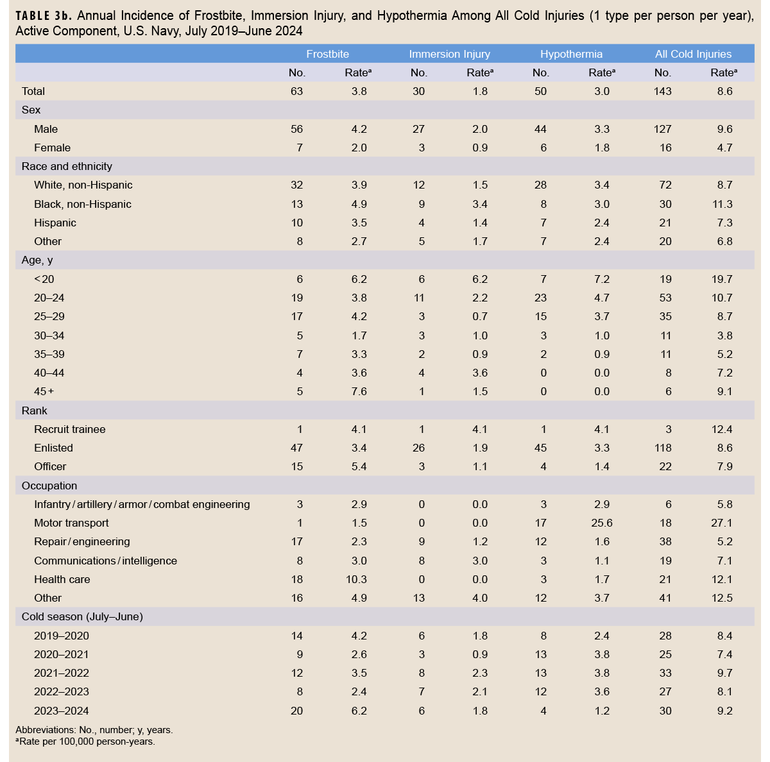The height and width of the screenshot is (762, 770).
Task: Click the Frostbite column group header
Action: (327, 54)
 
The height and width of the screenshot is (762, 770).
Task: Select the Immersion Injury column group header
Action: (449, 54)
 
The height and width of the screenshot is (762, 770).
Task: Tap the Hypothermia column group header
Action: (571, 54)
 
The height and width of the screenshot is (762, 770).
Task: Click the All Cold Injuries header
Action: (693, 54)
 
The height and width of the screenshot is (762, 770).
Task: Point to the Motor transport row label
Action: (71, 523)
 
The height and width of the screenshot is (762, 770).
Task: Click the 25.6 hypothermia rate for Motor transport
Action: (601, 523)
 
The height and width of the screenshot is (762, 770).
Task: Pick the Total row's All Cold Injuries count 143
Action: (662, 91)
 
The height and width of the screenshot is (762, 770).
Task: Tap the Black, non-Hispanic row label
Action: (82, 204)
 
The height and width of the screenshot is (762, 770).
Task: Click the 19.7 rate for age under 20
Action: (721, 279)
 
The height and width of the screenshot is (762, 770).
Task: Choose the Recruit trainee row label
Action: (69, 429)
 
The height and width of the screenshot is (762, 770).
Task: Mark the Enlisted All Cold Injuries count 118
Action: (662, 448)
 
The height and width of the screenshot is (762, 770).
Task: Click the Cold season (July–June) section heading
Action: (82, 616)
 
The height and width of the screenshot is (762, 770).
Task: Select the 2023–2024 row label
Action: (61, 711)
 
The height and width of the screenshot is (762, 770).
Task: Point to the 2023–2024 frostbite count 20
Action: (296, 711)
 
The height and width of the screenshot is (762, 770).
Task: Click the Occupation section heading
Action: (49, 486)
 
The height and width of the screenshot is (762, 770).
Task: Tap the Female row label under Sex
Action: (52, 148)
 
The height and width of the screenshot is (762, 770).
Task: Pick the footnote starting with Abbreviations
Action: (94, 730)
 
